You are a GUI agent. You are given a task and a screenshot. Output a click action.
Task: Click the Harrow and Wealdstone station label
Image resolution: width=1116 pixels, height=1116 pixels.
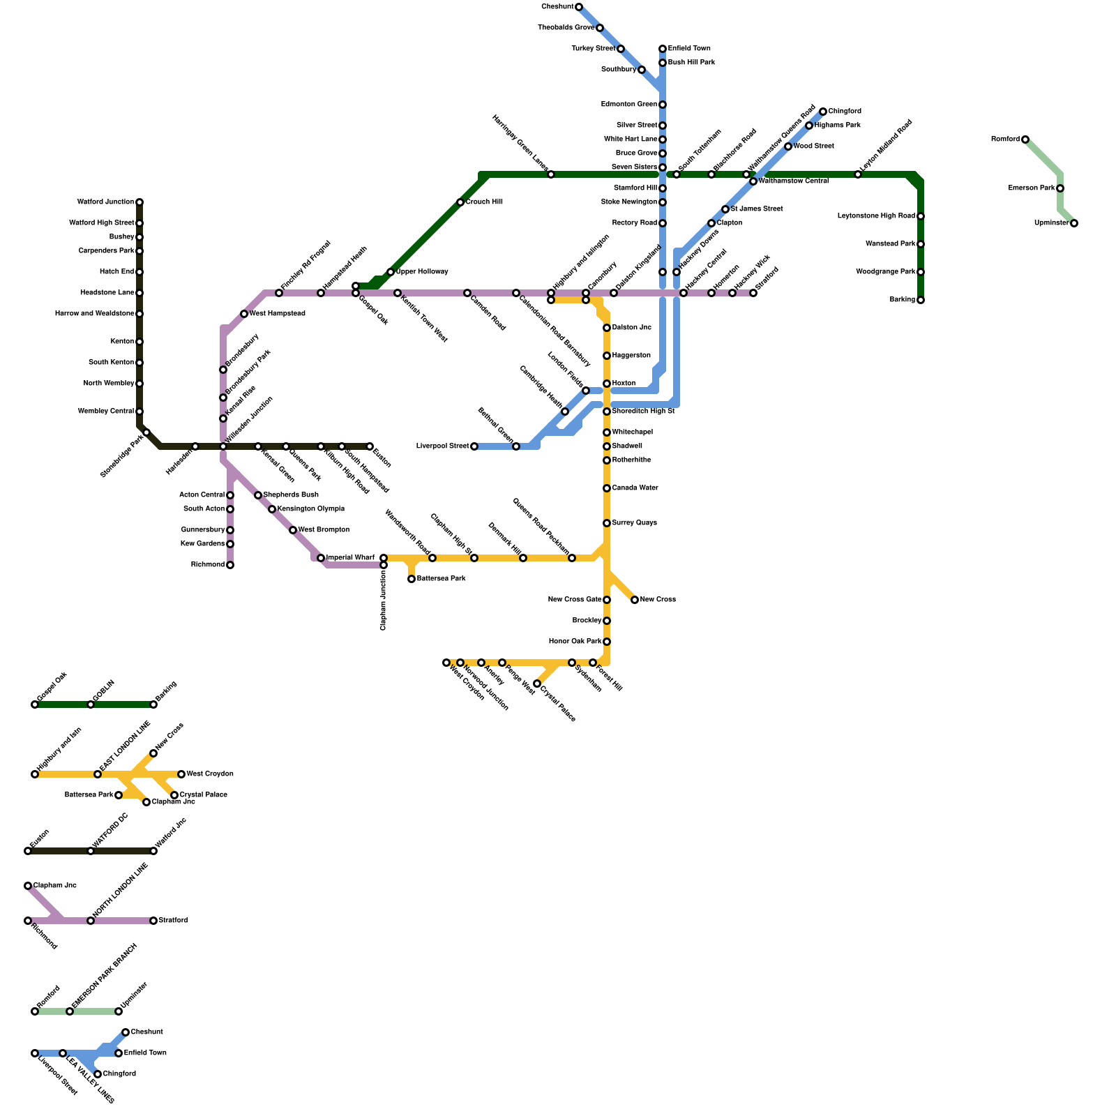(94, 314)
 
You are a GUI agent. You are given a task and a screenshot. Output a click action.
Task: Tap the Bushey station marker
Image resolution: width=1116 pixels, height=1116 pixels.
(139, 237)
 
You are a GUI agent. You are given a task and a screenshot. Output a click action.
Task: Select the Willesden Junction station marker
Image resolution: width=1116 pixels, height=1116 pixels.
(223, 446)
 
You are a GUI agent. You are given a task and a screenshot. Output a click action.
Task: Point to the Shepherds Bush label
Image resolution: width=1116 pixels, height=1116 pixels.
(291, 495)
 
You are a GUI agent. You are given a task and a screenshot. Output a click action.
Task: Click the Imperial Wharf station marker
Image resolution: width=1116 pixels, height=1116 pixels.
(321, 558)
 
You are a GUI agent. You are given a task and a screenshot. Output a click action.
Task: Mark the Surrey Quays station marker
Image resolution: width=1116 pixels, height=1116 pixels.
(607, 523)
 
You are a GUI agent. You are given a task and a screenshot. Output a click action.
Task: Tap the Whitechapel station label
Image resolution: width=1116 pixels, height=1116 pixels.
(632, 432)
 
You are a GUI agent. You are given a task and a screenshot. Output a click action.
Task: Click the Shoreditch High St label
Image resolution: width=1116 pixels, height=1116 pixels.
(643, 412)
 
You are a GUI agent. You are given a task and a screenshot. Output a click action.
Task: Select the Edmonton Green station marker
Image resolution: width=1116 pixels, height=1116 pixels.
(663, 105)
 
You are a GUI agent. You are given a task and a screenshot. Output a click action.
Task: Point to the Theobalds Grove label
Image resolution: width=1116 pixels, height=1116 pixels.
(566, 28)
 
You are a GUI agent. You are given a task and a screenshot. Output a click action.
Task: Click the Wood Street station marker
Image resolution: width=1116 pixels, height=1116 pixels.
(788, 146)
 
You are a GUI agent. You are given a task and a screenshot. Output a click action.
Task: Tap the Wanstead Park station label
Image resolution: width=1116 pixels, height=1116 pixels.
(890, 244)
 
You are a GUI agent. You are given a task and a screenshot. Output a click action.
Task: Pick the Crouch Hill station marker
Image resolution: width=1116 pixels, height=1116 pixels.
(460, 202)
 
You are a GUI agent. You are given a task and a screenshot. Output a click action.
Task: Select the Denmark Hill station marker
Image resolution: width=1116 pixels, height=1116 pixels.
(523, 558)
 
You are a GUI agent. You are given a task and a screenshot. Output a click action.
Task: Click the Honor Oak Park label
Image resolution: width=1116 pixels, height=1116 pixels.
(575, 642)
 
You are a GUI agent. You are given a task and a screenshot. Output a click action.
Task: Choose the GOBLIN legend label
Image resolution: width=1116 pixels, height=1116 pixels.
(103, 691)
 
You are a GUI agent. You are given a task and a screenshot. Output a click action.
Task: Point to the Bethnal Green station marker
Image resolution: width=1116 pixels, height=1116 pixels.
(516, 446)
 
